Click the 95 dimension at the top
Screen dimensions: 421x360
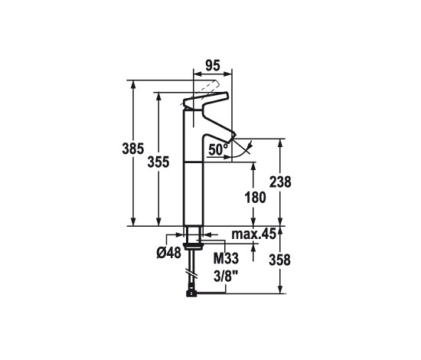point(213,65)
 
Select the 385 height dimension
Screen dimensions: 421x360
point(133,149)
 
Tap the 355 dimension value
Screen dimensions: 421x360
point(158,162)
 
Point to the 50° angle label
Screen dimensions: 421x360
point(218,149)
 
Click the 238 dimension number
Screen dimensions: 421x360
point(280,182)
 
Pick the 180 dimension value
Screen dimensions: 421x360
point(256,198)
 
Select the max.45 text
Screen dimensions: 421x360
point(253,234)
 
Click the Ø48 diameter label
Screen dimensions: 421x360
point(169,253)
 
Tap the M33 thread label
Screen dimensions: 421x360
point(226,258)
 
